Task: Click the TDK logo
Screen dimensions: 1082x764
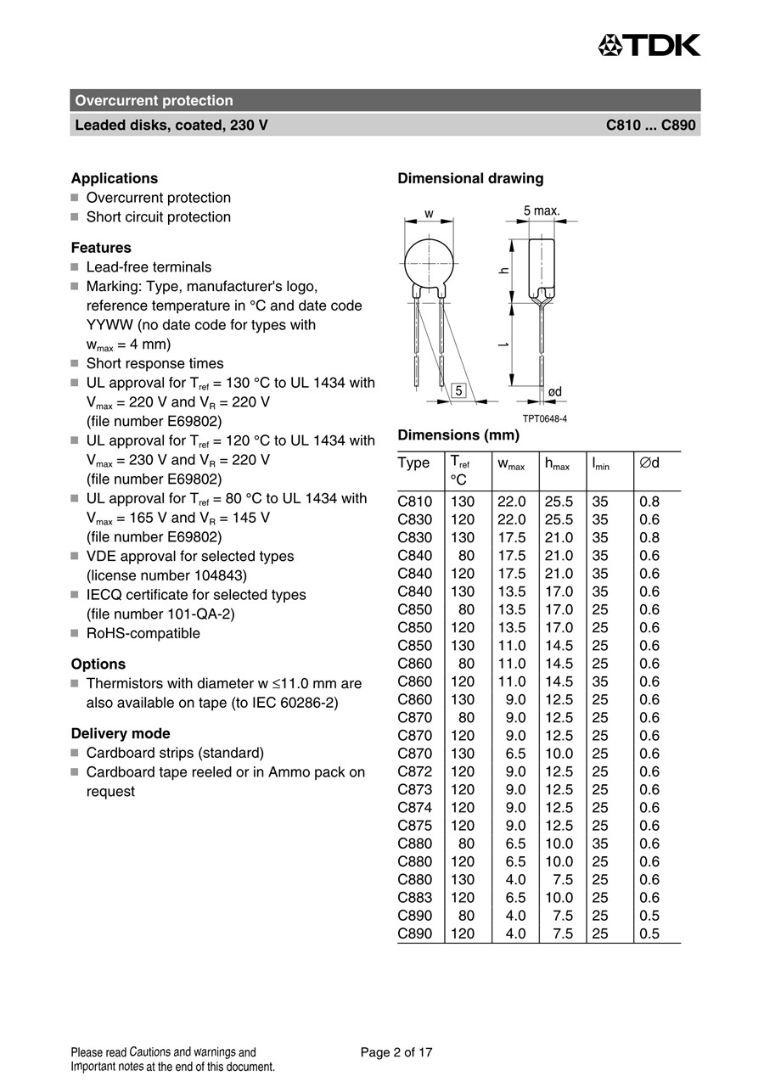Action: [649, 45]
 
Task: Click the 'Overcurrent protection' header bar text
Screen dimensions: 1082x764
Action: [154, 100]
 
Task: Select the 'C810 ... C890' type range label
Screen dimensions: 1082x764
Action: [650, 125]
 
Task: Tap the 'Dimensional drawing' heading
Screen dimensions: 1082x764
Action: [470, 178]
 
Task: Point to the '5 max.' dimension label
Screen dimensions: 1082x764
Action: [542, 210]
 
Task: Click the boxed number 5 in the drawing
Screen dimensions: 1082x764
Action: [458, 391]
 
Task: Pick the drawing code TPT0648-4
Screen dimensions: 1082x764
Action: [544, 419]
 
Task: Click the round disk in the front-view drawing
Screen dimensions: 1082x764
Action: [429, 260]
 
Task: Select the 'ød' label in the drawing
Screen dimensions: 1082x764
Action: [555, 391]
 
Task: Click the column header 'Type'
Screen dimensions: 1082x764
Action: [413, 463]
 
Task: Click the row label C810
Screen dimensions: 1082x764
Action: [414, 502]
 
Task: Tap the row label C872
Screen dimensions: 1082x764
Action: [414, 771]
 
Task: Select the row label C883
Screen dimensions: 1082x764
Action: [414, 898]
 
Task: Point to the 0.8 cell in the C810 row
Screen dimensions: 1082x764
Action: [649, 502]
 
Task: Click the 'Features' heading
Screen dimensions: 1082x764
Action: [101, 248]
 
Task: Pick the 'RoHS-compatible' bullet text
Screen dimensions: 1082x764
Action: [143, 633]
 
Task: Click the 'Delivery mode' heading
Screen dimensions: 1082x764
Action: [121, 733]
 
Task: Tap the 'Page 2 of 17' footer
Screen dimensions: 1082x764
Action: [396, 1052]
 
